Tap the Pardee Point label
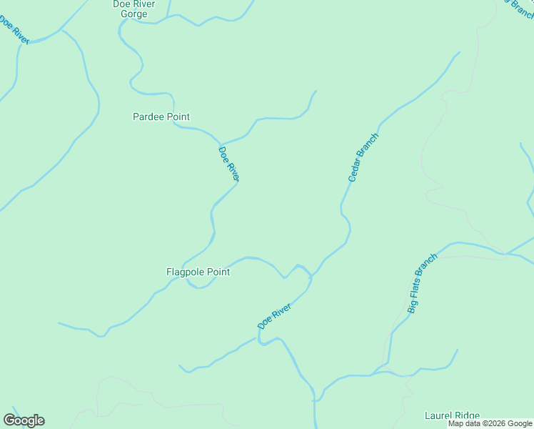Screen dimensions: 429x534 [161, 117]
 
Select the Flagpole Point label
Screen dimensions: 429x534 [198, 272]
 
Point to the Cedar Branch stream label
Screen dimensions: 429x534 [362, 157]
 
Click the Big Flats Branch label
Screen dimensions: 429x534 [421, 283]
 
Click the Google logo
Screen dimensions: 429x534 [24, 420]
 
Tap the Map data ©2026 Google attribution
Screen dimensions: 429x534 [490, 423]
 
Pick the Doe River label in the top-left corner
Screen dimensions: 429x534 [14, 30]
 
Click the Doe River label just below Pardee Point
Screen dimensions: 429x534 [228, 164]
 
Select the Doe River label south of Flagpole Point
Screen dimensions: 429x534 [274, 316]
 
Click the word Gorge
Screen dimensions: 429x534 [133, 14]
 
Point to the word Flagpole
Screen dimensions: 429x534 [183, 272]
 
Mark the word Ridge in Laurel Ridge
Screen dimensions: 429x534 [467, 415]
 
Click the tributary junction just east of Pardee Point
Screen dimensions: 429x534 [221, 144]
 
